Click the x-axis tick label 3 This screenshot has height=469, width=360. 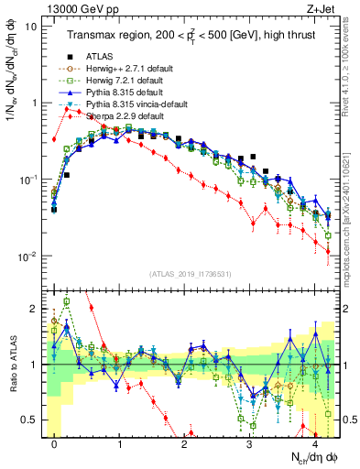250,443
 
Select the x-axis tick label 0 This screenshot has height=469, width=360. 55,443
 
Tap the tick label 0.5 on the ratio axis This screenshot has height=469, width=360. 31,420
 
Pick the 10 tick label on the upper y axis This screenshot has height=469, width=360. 31,26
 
